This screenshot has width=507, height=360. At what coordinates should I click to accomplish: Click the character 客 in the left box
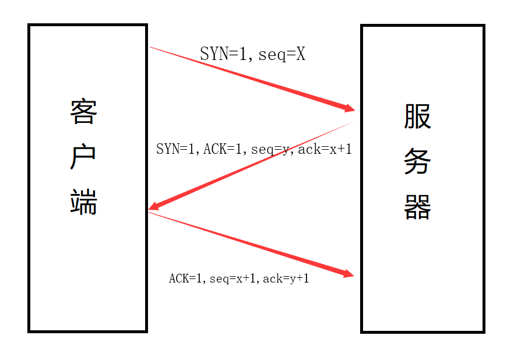click(x=83, y=111)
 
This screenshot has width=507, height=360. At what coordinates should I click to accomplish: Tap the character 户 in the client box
click(x=83, y=157)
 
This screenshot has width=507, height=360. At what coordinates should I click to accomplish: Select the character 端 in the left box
click(x=83, y=202)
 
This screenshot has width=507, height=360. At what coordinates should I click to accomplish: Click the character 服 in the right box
click(x=417, y=116)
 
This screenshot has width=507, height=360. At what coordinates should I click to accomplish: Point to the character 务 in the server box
click(x=417, y=162)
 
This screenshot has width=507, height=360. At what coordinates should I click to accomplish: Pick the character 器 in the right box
click(x=417, y=207)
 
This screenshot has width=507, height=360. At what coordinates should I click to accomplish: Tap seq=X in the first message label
click(x=282, y=55)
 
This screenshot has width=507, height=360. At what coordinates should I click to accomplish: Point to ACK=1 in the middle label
click(x=224, y=149)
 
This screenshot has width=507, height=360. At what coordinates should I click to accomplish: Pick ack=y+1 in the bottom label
click(x=286, y=278)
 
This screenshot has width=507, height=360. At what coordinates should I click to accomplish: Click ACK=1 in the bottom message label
click(x=185, y=278)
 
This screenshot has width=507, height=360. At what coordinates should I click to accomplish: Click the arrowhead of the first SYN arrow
click(x=350, y=108)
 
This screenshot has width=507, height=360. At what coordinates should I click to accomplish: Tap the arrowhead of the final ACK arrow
click(x=350, y=274)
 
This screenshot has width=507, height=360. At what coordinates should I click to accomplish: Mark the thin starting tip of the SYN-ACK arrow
click(x=352, y=123)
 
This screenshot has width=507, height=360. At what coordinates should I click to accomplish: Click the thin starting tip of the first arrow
click(x=152, y=48)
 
